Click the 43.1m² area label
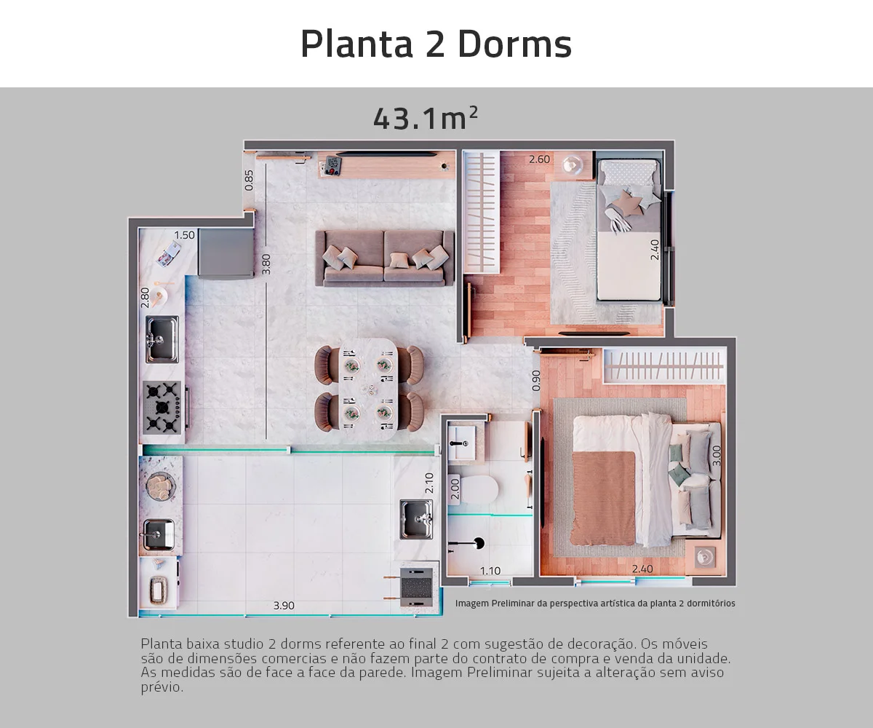tap(425, 118)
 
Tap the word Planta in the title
tap(356, 44)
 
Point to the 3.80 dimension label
tap(266, 264)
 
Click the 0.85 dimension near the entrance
tap(249, 180)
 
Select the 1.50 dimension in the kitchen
tap(184, 234)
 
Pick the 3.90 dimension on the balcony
tap(284, 606)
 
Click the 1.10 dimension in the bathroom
tap(490, 571)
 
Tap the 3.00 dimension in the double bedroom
tap(717, 456)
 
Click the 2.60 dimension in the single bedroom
tap(539, 159)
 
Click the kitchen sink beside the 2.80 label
tap(162, 339)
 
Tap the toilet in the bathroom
tap(474, 488)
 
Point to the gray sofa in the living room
tap(385, 258)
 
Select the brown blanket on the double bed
tap(604, 498)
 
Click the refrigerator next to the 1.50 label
tap(226, 253)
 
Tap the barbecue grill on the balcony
tap(416, 587)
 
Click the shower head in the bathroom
tap(479, 543)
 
